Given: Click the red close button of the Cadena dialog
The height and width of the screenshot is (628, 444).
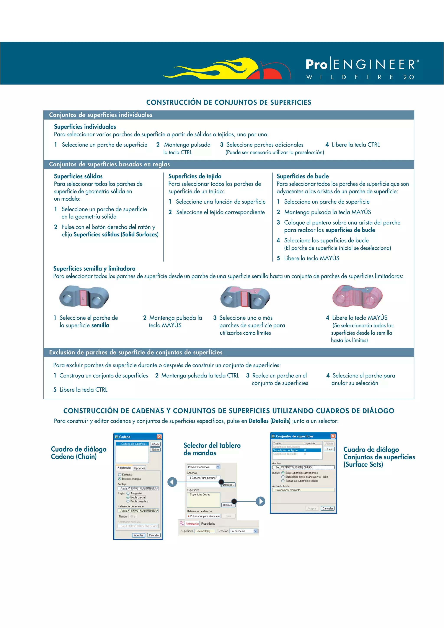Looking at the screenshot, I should coord(159,436).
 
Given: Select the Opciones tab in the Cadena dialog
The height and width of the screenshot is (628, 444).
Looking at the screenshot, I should coord(139,468).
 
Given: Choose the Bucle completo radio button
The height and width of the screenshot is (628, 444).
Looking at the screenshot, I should coord(128,501).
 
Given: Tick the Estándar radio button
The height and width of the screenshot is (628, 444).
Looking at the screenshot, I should coord(119,475).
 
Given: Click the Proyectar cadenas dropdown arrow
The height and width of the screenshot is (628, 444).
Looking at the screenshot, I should coord(218,467).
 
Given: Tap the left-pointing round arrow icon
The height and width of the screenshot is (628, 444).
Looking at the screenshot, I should coord(172,482).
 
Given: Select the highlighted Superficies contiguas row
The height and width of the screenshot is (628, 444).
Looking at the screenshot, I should coord(297,450).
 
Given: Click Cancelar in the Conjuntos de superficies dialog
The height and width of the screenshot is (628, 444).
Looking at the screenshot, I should coord(327,508).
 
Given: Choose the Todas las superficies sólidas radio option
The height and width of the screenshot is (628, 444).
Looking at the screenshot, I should coord(283,481).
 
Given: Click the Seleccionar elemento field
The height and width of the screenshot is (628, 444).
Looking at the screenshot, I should coord(303,490).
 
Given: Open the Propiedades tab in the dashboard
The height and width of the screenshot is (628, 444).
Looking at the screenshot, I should coord(208,524).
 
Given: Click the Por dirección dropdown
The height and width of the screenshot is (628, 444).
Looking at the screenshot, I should coord(243,531).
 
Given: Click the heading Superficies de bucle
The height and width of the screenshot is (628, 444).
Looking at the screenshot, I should coord(303,176).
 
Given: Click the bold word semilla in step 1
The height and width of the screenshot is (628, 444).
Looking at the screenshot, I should coord(100,325).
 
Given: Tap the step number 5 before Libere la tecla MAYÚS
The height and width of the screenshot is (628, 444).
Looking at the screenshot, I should coord(278,258).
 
